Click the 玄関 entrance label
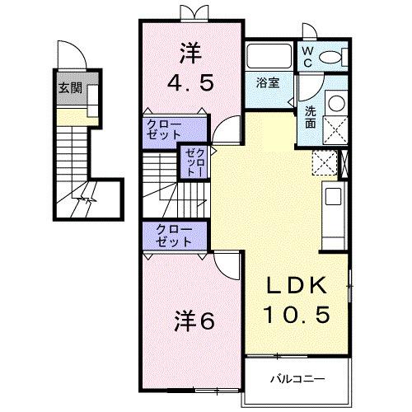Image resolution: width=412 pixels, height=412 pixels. pyautogui.click(x=68, y=88)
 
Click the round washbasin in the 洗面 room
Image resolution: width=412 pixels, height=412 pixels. pyautogui.click(x=337, y=104)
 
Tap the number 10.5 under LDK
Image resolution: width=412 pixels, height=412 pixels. pyautogui.click(x=298, y=314)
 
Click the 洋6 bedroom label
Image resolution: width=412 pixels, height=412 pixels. pyautogui.click(x=194, y=321)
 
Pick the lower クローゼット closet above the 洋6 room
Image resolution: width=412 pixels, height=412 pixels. pyautogui.click(x=169, y=236)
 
